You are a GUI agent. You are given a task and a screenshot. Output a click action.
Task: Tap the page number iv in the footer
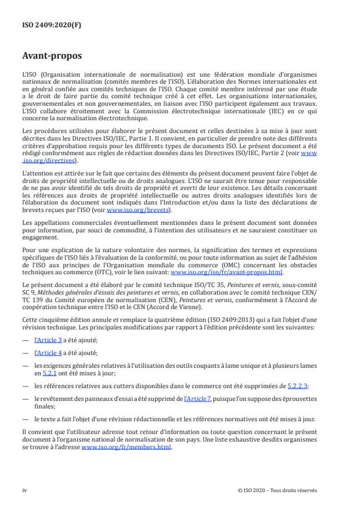25,490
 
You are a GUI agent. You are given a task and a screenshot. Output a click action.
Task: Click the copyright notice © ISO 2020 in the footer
278,490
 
